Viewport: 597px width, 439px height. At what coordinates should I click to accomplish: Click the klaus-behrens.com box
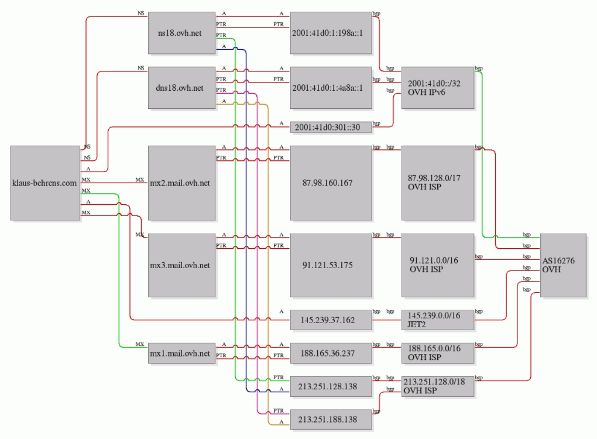45,183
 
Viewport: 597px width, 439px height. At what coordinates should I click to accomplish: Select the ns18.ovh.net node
181,33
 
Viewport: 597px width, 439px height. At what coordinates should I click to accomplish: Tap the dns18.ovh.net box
181,88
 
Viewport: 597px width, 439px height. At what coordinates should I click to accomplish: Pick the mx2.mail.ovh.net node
181,183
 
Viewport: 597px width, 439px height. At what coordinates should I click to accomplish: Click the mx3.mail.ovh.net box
181,265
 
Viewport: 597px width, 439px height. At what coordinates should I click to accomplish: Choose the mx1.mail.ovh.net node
181,353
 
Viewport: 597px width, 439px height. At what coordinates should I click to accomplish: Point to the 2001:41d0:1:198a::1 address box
331,33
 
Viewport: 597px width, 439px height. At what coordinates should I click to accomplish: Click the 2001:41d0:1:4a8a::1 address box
331,88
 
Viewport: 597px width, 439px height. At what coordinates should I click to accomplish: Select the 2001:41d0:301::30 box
331,127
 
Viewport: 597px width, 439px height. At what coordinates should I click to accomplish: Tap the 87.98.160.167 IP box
331,183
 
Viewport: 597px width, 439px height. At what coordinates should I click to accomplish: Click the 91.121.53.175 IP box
331,265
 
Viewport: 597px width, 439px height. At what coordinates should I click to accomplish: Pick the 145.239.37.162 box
331,320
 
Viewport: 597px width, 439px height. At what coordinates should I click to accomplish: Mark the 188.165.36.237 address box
331,353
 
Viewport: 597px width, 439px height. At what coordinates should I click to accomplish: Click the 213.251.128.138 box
331,386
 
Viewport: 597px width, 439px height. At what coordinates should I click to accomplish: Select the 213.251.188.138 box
331,419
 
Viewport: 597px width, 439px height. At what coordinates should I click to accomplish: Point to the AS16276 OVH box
563,265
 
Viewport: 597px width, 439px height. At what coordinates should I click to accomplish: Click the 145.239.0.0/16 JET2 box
438,320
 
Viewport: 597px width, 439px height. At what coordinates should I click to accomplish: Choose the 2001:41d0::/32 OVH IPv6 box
438,88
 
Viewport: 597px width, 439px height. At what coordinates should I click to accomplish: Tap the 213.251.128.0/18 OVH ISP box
438,386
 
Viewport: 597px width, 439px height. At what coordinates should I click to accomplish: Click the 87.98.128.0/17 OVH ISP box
438,183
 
